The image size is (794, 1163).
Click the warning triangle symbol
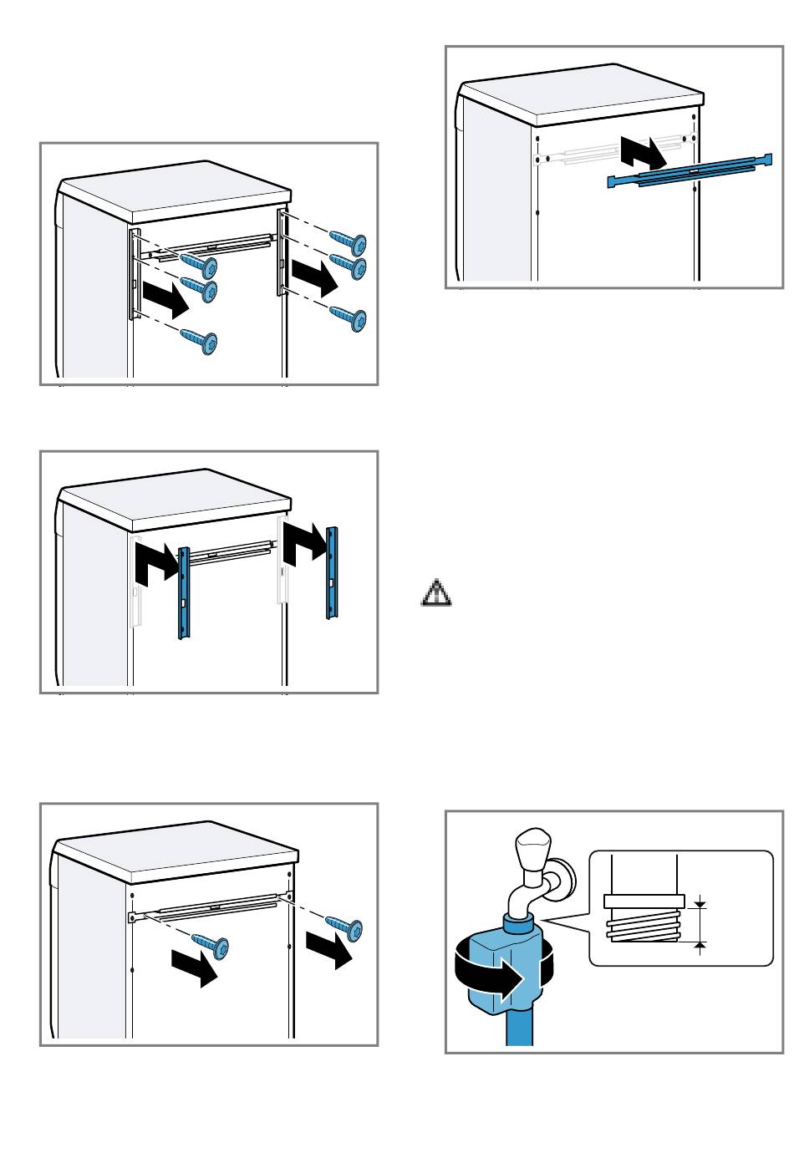coord(435,592)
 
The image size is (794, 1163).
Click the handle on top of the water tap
coord(531,851)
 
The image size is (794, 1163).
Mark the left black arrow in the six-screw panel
coord(165,299)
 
